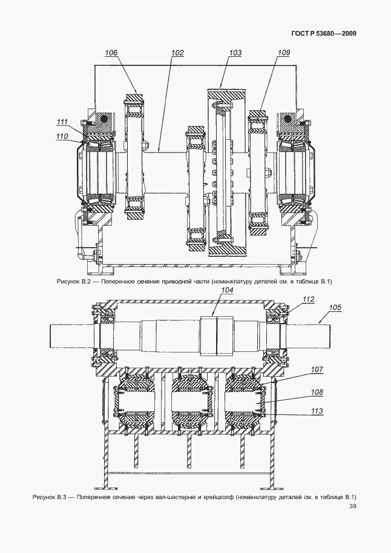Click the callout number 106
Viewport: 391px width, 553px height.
point(111,53)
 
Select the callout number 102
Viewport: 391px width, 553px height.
point(177,53)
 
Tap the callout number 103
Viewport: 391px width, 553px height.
point(235,53)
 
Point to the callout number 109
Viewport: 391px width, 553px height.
point(283,53)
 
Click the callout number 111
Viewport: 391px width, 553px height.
point(62,122)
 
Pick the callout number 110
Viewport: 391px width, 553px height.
point(62,136)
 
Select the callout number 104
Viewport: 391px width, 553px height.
point(227,290)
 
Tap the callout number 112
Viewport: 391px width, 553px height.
point(308,299)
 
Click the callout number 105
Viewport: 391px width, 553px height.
point(335,308)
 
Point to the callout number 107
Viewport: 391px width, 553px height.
point(317,369)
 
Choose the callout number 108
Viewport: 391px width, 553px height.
point(317,392)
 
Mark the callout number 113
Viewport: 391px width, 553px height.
point(317,411)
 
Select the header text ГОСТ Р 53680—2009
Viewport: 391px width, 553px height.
point(324,33)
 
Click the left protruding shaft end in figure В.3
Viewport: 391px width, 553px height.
point(71,335)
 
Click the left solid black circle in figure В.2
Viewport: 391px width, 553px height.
point(103,119)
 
